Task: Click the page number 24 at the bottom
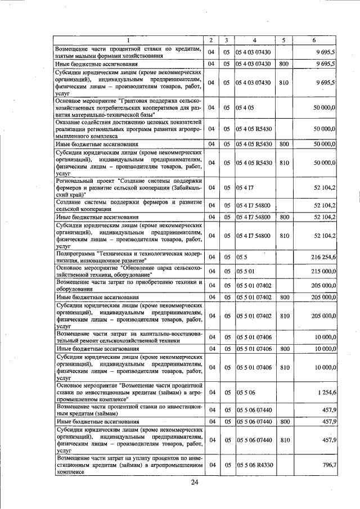click(x=195, y=482)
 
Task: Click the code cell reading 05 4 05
click(x=245, y=107)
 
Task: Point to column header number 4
click(x=254, y=39)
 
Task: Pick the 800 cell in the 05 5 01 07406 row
click(x=284, y=349)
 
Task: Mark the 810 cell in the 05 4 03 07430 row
click(x=284, y=83)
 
